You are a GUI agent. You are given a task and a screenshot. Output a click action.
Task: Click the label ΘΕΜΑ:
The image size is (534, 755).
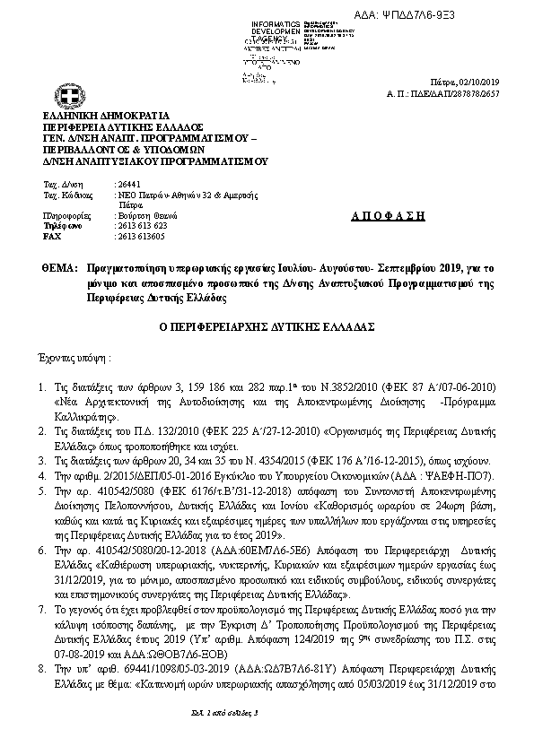click(55, 267)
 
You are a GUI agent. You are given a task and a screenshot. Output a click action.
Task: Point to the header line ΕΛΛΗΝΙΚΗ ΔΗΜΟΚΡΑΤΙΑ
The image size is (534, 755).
click(100, 117)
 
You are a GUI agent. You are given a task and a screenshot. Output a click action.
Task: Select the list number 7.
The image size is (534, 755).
click(41, 608)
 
